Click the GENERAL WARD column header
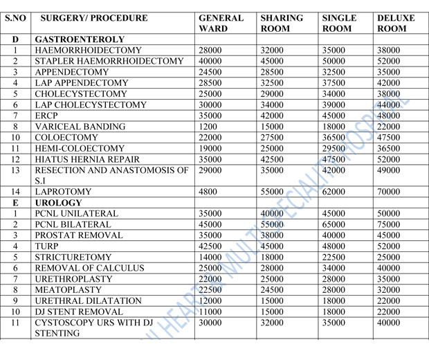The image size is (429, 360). (221, 23)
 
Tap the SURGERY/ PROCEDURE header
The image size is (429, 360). (93, 17)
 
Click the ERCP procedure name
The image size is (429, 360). (46, 116)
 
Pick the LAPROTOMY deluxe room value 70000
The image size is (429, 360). (390, 192)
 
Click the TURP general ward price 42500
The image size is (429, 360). (212, 246)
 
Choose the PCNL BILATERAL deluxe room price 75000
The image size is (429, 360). (390, 225)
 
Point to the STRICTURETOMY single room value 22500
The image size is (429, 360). (336, 258)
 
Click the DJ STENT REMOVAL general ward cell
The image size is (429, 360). (212, 312)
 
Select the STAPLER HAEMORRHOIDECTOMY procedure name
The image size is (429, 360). (98, 62)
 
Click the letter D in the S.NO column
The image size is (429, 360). (15, 40)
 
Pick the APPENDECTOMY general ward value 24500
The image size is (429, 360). (212, 72)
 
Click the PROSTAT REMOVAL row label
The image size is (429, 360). (78, 235)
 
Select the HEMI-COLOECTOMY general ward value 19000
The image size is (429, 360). (212, 148)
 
